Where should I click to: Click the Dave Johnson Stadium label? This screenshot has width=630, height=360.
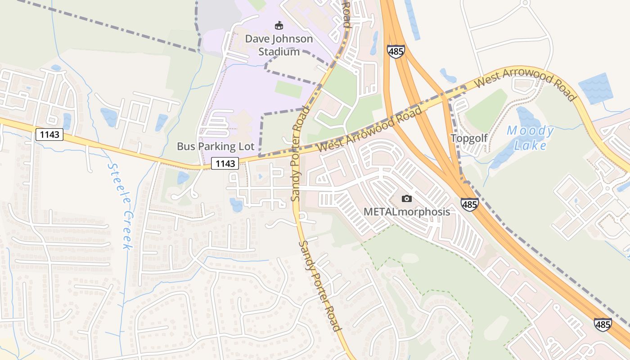point(279,45)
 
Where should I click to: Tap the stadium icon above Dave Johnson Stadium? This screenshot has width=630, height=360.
point(279,25)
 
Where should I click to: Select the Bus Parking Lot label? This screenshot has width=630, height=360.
point(216,146)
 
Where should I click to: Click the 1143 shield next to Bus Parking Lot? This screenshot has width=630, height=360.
point(225,164)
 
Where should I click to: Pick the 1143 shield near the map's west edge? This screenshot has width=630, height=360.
point(49,135)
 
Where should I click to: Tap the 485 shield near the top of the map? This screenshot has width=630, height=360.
point(396,51)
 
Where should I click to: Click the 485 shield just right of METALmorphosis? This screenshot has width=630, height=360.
point(469,205)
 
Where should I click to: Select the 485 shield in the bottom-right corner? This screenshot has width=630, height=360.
point(603,324)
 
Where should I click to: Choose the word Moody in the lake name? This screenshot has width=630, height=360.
point(530,131)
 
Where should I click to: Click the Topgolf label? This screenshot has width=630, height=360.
point(469,138)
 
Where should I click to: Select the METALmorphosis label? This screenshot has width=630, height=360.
point(406,211)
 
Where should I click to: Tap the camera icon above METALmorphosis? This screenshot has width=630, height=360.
point(406,198)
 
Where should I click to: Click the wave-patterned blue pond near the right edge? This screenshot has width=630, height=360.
point(595,89)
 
